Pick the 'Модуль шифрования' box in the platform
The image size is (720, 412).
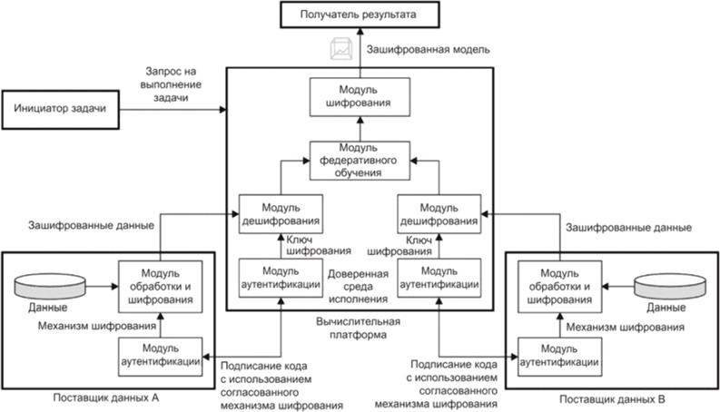(x=358, y=97)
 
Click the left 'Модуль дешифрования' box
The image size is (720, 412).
(x=281, y=215)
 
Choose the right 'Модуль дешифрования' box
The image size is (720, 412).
(x=439, y=215)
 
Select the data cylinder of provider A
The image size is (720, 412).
(x=53, y=285)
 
